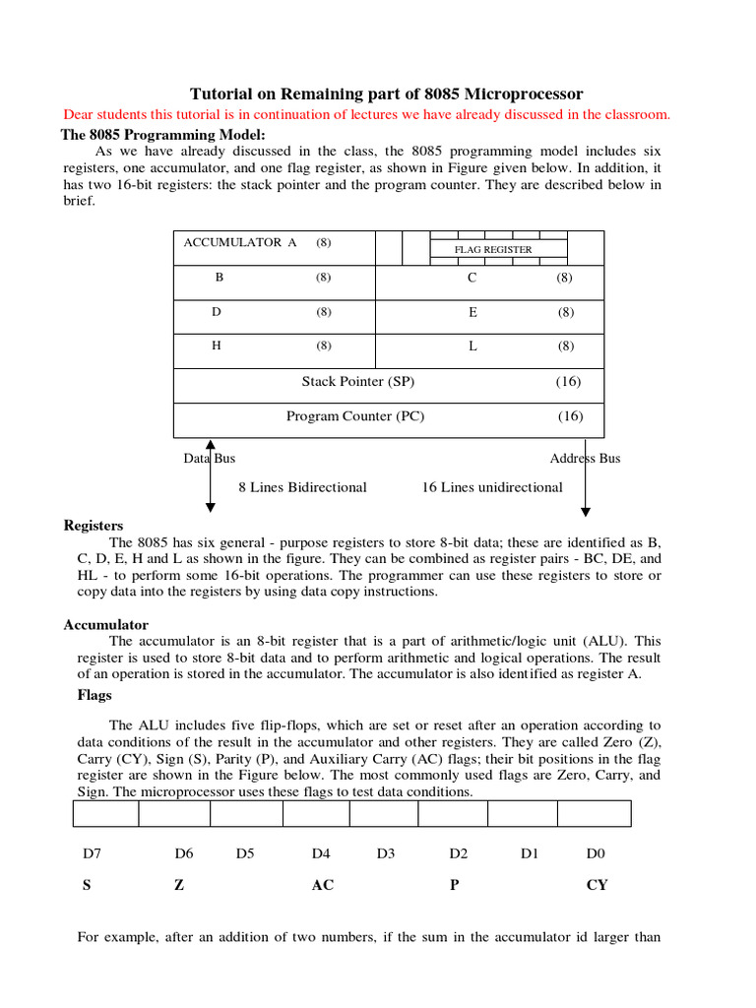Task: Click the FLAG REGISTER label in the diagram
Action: pos(492,250)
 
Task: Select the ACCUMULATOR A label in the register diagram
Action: pos(239,242)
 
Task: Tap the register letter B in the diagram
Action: pos(220,278)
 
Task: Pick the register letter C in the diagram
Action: pos(472,278)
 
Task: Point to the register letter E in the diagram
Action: pos(472,312)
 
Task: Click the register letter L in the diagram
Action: pos(472,346)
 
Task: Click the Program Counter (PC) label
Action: pos(355,416)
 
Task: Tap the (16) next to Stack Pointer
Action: pos(568,381)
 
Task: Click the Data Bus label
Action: pos(210,459)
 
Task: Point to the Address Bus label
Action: pos(585,459)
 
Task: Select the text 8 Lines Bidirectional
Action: pos(302,487)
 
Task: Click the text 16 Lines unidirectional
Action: pos(492,487)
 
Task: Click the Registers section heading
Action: pos(94,526)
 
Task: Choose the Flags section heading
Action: pos(94,695)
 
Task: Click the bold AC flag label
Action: pos(322,885)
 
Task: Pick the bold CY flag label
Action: pos(597,885)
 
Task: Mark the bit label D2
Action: pos(458,853)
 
